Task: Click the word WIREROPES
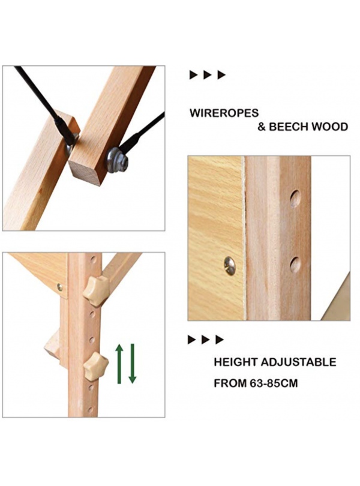point(224,113)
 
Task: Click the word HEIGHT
point(236,362)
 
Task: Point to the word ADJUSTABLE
point(298,362)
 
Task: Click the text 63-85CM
point(274,383)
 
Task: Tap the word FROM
point(230,383)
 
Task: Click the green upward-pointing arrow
point(119,364)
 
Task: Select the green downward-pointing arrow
point(133,364)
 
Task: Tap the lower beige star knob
point(96,367)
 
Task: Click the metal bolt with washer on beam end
point(116,160)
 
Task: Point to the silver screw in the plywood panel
point(229,266)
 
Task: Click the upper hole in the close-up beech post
point(295,199)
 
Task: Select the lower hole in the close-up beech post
point(295,265)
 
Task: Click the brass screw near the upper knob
point(60,287)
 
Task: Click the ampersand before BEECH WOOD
point(262,127)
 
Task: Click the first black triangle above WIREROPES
point(193,74)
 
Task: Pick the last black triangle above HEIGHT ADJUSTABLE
point(220,340)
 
